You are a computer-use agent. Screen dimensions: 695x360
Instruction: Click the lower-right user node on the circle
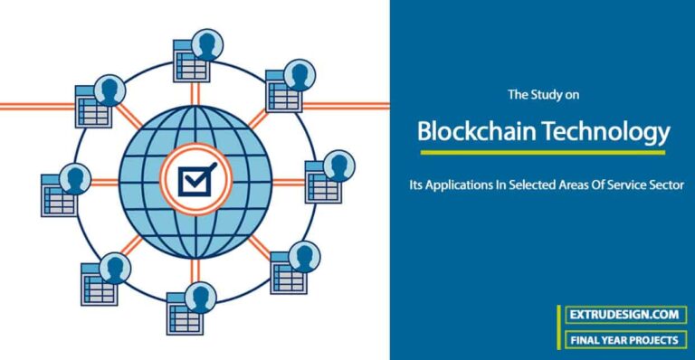pos(294,266)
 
